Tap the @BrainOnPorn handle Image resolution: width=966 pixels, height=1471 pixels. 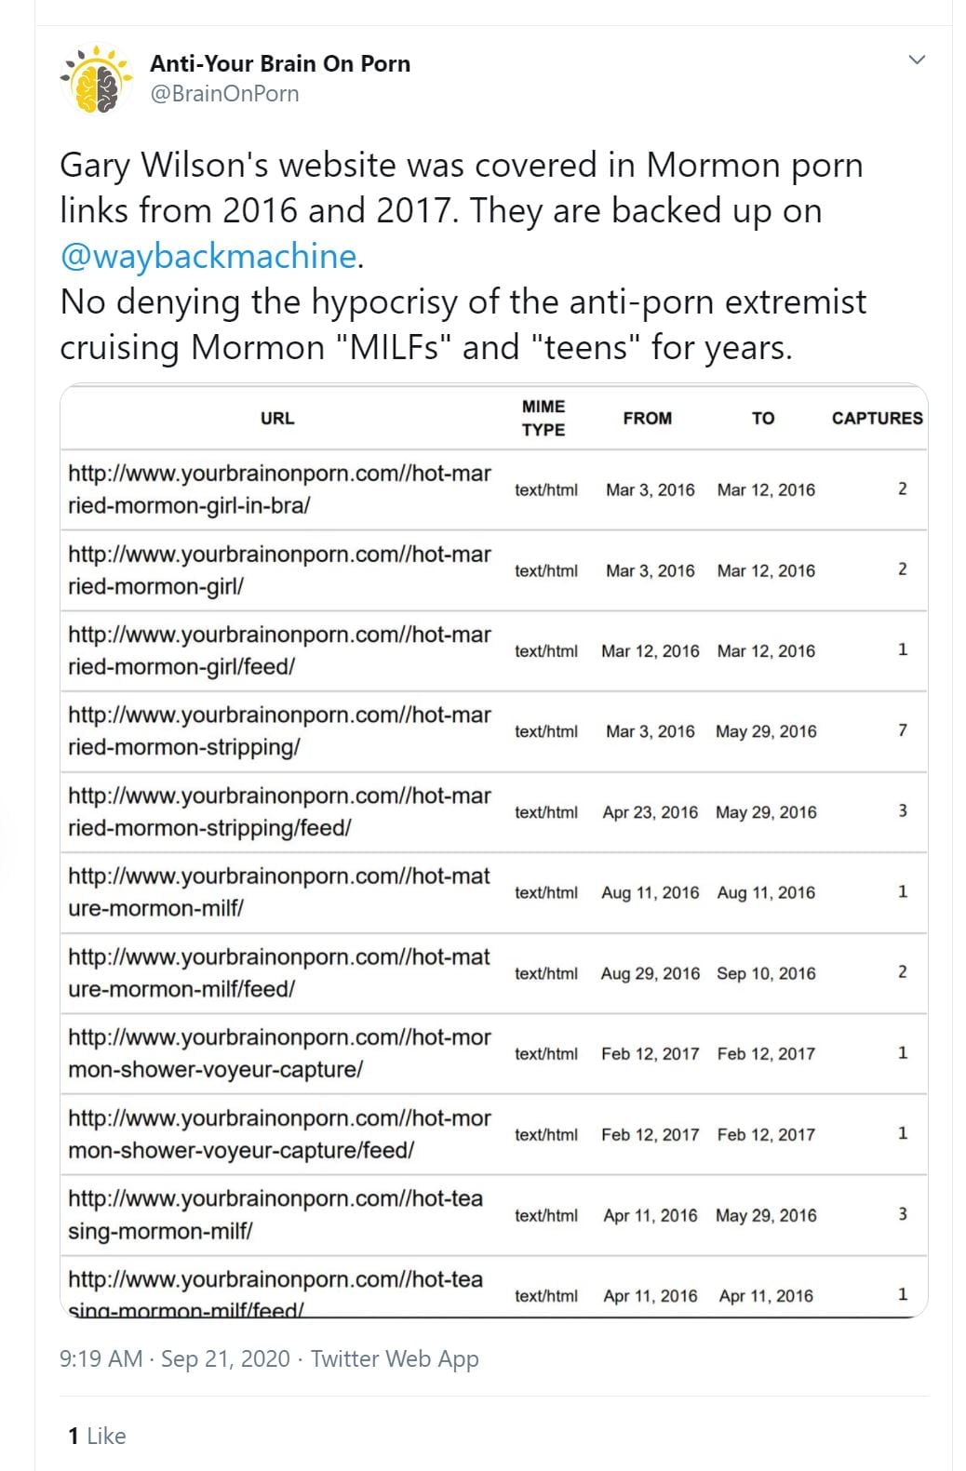point(224,94)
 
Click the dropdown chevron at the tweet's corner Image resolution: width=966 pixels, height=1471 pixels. point(917,60)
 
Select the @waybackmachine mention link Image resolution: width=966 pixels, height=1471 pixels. point(208,256)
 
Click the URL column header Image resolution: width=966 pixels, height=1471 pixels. point(277,419)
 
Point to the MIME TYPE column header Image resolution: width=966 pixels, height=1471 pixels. point(543,418)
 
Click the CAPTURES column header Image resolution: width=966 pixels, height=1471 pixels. point(877,419)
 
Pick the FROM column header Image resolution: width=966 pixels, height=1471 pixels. point(648,419)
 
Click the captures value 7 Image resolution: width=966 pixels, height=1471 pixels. point(902,731)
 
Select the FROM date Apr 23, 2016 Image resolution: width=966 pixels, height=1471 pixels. point(650,812)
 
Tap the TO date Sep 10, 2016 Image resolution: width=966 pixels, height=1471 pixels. point(766,973)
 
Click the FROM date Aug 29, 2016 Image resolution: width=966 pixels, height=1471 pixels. point(650,973)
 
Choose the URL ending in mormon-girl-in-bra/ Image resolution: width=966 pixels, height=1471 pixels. point(279,489)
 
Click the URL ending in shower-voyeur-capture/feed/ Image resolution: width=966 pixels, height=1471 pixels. point(279,1134)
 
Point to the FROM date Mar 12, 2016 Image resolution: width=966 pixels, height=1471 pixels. point(650,651)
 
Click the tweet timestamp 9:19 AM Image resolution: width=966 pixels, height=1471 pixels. point(101,1359)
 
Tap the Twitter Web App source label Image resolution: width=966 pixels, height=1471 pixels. point(395,1359)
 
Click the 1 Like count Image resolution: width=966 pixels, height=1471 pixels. point(97,1437)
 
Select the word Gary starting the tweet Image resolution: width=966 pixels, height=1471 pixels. point(95,166)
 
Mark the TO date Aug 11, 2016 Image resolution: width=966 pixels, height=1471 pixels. point(766,893)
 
